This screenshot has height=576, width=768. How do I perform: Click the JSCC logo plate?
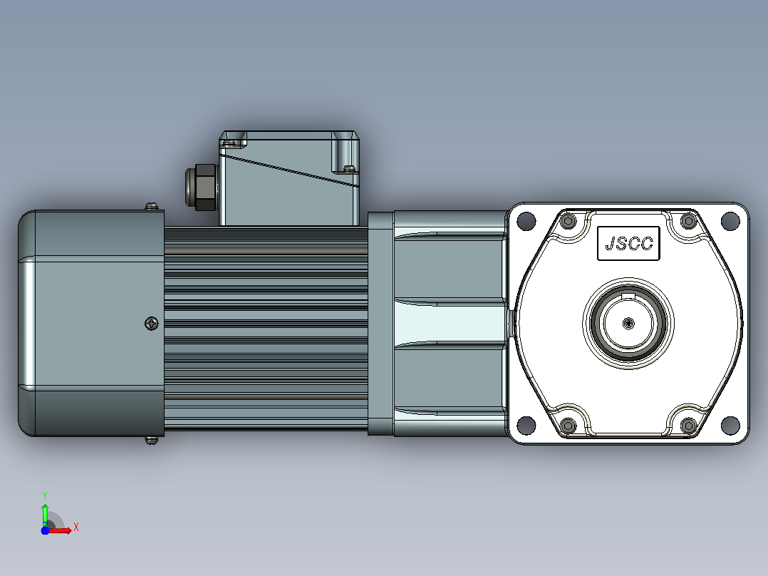click(628, 243)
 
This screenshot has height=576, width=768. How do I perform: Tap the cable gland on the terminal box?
click(201, 187)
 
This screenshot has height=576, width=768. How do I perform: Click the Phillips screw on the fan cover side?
click(152, 324)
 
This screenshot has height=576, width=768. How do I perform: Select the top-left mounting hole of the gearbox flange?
click(526, 220)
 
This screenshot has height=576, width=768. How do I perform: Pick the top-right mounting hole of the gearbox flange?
click(730, 220)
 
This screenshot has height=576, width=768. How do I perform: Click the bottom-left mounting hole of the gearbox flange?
click(526, 425)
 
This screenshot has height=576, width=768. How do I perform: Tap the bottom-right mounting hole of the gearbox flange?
click(730, 425)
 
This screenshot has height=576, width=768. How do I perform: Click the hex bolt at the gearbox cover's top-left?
click(569, 221)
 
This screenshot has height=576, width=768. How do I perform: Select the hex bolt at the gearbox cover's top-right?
click(689, 221)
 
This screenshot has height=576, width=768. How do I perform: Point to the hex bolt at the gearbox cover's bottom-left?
click(569, 425)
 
